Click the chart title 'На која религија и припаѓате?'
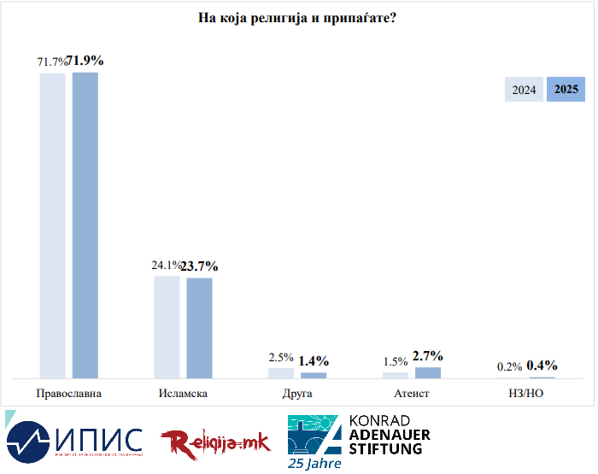pos(296,19)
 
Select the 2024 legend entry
pos(524,90)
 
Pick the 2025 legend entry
pos(566,90)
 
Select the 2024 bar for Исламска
pos(167,326)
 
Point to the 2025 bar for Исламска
pos(199,327)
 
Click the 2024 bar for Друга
pos(281,372)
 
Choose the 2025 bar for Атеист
pos(428,372)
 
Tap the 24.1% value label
pos(166,266)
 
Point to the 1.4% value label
pos(314,361)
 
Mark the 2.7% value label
pos(428,355)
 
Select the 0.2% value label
pos(509,366)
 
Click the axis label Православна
pos(69,394)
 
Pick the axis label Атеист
pos(411,394)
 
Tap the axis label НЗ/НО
pos(525,394)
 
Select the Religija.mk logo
pos(215,442)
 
